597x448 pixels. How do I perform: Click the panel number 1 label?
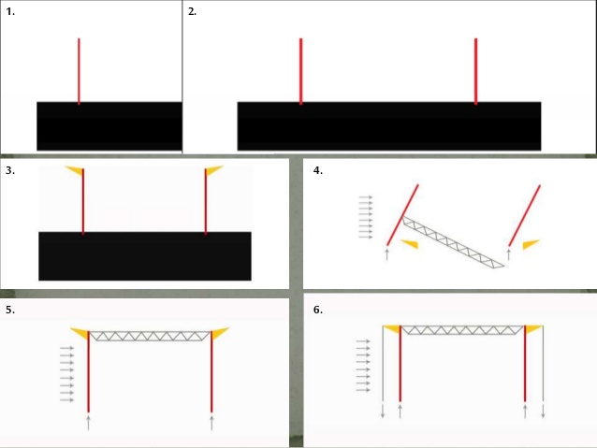(10, 11)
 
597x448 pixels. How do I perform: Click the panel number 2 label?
(192, 11)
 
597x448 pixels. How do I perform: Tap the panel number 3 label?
(10, 171)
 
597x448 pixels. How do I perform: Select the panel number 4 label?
(318, 171)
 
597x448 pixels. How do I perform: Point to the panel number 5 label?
(10, 309)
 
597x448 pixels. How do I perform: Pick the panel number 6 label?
(318, 309)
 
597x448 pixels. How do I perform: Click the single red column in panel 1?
(79, 70)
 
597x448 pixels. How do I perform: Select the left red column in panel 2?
(300, 70)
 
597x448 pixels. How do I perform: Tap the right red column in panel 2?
(475, 70)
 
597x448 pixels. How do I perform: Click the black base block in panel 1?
(109, 125)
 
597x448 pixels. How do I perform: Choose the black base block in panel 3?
(145, 254)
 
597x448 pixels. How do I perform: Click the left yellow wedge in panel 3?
(74, 170)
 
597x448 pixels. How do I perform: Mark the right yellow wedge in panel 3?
(213, 170)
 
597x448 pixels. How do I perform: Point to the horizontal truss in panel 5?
(151, 335)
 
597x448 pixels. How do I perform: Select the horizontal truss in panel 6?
(462, 330)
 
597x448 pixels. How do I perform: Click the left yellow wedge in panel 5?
(80, 333)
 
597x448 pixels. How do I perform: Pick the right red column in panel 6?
(526, 369)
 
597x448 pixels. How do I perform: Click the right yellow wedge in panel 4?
(531, 244)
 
